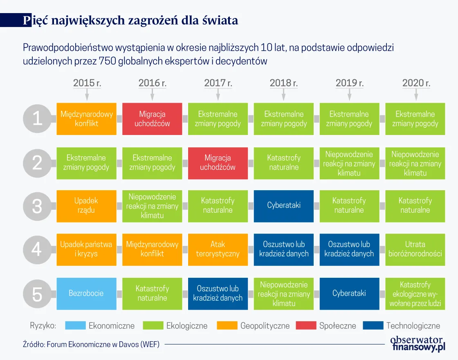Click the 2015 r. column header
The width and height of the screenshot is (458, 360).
pos(87,83)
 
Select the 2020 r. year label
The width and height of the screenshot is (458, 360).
pos(416,83)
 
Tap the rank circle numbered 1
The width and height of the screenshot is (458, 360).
pos(37,119)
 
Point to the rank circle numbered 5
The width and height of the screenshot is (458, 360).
pos(37,294)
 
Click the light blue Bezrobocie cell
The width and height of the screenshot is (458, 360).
pos(86,293)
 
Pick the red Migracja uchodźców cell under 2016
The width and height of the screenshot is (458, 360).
pos(152,119)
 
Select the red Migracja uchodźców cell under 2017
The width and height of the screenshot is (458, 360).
pos(218,162)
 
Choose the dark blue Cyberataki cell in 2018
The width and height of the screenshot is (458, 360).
pos(284,205)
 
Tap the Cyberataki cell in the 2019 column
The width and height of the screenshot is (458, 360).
pos(349,293)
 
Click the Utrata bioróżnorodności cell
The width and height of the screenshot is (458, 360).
pos(415,249)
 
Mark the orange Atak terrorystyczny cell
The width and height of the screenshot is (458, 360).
pos(218,249)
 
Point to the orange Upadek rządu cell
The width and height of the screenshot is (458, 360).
pos(86,205)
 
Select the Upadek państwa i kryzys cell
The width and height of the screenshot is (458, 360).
pos(86,249)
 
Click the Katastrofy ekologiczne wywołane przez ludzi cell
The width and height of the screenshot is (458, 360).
pos(415,293)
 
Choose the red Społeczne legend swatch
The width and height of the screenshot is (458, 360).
pos(306,326)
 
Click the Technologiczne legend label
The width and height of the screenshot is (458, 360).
pos(413,326)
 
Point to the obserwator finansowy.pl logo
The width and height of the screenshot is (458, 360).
pos(417,344)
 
